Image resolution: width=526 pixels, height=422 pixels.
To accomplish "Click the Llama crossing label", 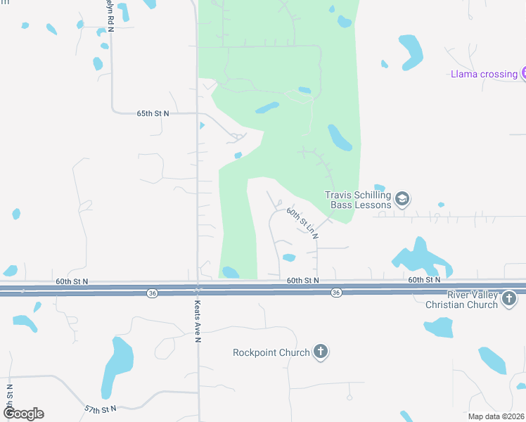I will point(484,74).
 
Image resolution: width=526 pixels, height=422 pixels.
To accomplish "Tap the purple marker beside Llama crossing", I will point(524,73).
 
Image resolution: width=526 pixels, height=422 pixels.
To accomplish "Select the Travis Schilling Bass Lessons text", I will point(357,200).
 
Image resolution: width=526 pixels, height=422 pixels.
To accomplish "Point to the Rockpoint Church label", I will point(271,352).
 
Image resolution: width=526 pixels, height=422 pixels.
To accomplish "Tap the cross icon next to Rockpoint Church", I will point(321,352).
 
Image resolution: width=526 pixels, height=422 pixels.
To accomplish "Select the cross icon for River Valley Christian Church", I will point(510,300).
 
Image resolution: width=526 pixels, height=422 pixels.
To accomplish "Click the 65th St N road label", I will point(153,113).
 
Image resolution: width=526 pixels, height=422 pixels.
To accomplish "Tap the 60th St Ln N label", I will point(302,223).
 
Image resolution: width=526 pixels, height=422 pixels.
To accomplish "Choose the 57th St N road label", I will point(99,409).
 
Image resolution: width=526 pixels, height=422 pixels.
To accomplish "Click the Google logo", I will point(23,414).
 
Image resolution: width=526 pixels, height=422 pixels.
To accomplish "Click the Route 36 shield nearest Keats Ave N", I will point(151,293).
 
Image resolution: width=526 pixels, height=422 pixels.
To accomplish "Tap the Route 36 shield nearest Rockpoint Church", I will point(336,293).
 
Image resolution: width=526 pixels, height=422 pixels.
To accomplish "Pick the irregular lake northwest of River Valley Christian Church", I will point(420,257).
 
